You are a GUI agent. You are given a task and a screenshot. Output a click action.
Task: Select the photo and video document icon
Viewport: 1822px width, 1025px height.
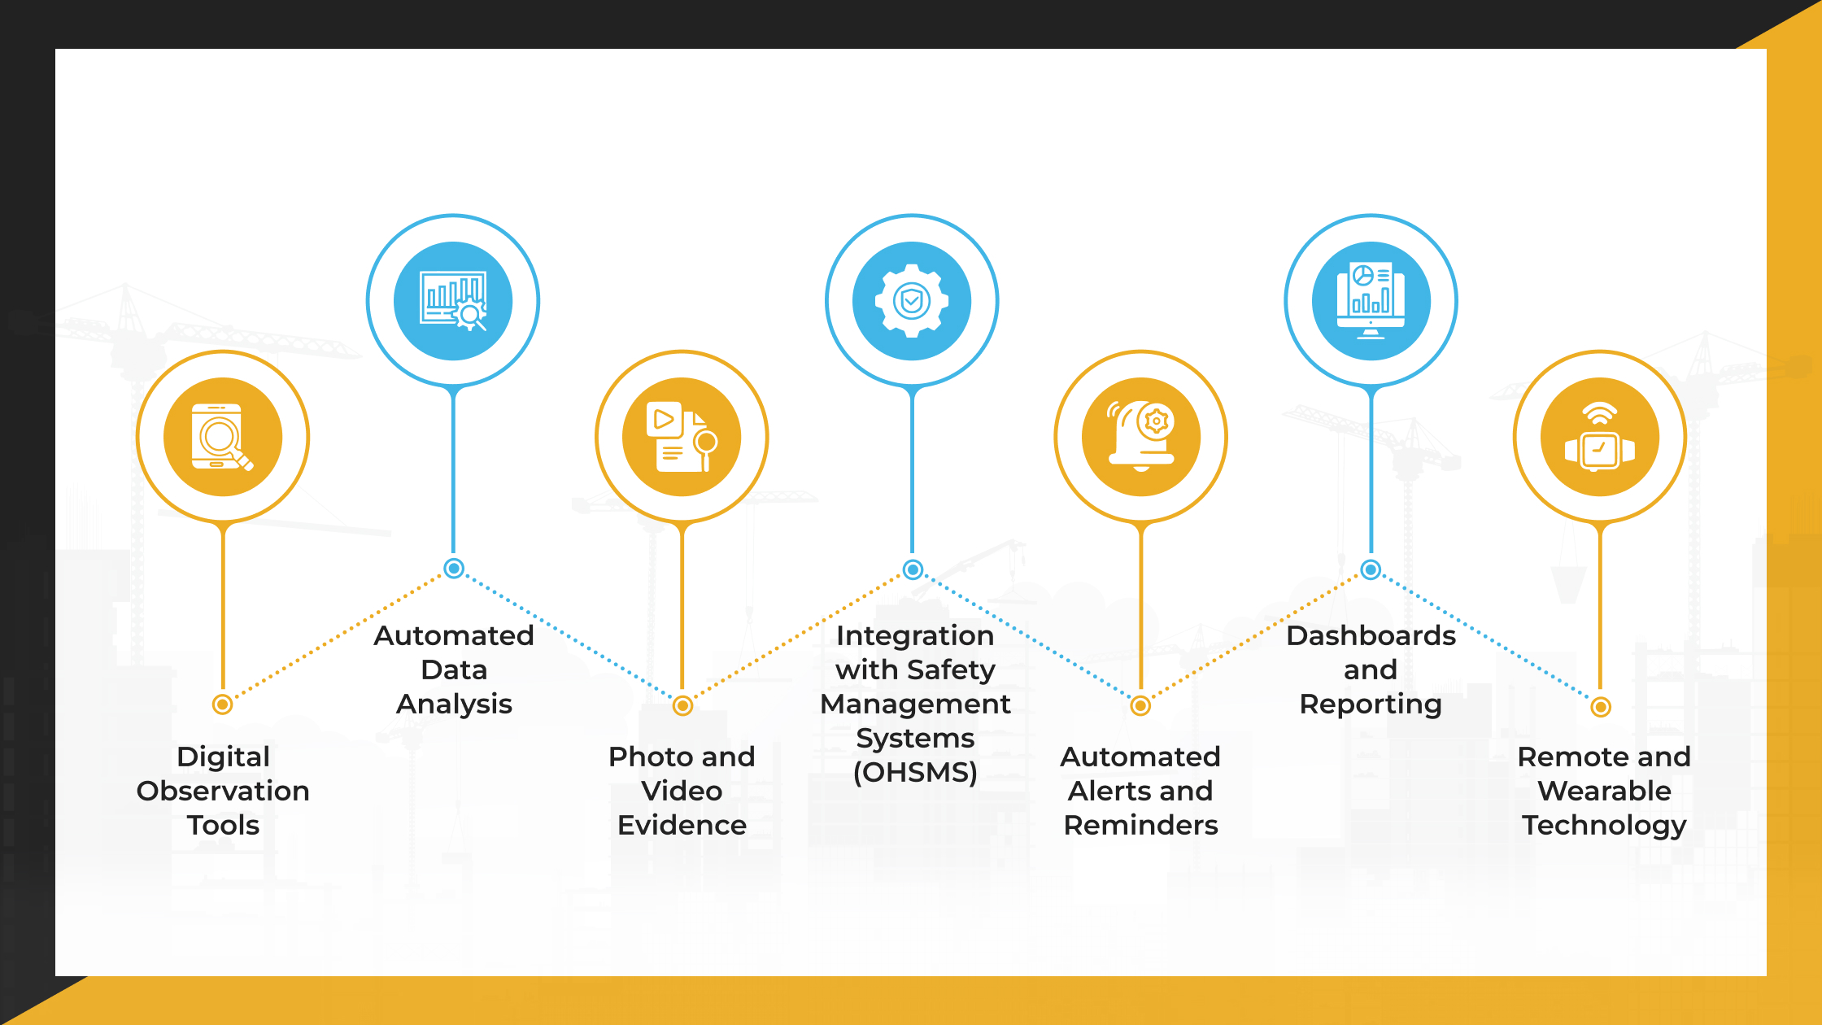pyautogui.click(x=682, y=437)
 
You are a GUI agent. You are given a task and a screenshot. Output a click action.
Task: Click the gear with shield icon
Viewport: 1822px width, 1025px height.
pyautogui.click(x=912, y=301)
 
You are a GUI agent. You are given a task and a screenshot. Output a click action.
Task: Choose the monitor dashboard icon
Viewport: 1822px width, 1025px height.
pyautogui.click(x=1371, y=301)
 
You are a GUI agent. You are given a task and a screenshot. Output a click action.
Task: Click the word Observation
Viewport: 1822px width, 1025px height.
pyautogui.click(x=223, y=791)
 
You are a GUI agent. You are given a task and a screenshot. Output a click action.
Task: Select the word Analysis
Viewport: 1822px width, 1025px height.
pyautogui.click(x=454, y=704)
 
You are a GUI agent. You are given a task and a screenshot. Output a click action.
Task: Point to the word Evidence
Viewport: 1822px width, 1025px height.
pyautogui.click(x=682, y=825)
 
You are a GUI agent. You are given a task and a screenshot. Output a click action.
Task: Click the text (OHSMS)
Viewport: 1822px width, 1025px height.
pyautogui.click(x=915, y=772)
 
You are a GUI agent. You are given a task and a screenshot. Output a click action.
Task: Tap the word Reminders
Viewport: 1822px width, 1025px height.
pyautogui.click(x=1140, y=825)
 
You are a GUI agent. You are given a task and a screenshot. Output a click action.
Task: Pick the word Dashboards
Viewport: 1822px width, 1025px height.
pyautogui.click(x=1371, y=635)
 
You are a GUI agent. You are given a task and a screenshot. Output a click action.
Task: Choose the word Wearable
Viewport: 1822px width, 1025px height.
pyautogui.click(x=1604, y=791)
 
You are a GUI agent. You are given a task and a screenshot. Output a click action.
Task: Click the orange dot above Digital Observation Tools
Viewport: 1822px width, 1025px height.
pyautogui.click(x=222, y=704)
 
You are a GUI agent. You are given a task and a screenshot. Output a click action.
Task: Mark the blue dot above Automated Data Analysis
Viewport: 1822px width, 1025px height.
pyautogui.click(x=454, y=569)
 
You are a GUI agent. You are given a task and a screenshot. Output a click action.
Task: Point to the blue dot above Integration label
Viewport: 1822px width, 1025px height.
pyautogui.click(x=913, y=569)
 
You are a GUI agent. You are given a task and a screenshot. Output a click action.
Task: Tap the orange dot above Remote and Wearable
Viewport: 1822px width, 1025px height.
pyautogui.click(x=1601, y=707)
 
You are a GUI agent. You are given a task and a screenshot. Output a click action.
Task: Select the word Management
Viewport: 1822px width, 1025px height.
pyautogui.click(x=915, y=704)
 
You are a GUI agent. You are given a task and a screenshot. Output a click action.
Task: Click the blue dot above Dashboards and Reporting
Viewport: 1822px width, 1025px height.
pyautogui.click(x=1371, y=569)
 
